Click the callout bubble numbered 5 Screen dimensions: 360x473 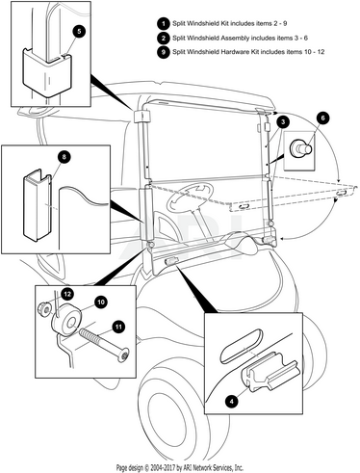click(79, 32)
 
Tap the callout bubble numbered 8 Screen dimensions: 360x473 click(64, 157)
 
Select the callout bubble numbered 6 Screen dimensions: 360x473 click(322, 118)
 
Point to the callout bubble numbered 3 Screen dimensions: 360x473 click(282, 122)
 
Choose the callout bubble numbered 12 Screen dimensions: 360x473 click(67, 294)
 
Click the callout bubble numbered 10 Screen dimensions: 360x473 click(101, 302)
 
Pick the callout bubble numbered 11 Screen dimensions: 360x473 click(118, 327)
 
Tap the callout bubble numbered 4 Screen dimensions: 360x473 click(232, 401)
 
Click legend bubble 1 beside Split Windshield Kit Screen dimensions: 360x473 click(164, 24)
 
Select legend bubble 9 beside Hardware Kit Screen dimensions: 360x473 click(164, 52)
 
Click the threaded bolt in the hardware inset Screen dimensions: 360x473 click(104, 345)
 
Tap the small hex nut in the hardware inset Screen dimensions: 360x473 click(45, 308)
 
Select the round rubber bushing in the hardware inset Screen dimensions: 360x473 click(67, 320)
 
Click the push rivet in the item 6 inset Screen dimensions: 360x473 click(300, 148)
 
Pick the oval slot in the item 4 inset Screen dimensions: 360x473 click(242, 346)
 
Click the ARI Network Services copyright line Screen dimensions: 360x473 click(180, 467)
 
